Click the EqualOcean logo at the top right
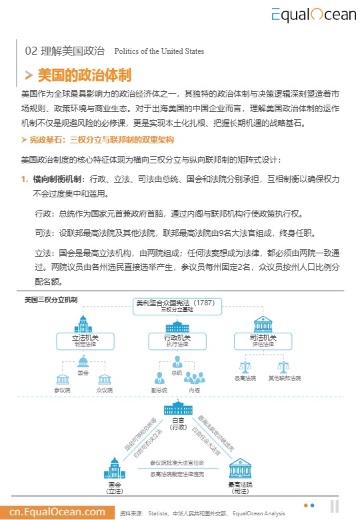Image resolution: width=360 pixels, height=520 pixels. click(x=313, y=15)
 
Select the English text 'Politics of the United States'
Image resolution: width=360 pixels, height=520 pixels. click(x=159, y=51)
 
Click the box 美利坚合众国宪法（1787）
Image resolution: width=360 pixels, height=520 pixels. click(x=175, y=303)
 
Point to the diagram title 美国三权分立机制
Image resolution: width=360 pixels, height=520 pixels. click(x=51, y=299)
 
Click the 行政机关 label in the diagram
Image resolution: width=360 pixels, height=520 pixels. click(x=177, y=339)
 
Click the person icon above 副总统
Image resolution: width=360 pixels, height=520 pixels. click(x=159, y=378)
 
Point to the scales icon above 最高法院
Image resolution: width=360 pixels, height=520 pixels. click(x=245, y=367)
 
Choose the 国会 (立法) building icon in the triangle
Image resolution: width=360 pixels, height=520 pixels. click(x=115, y=468)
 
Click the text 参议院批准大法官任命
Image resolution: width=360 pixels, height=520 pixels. click(x=177, y=462)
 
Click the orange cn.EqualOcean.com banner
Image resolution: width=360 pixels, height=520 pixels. click(x=53, y=512)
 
